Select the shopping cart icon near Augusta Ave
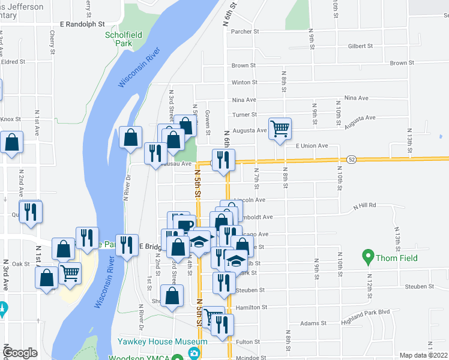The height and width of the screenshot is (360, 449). click(280, 128)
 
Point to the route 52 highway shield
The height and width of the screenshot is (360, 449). click(352, 159)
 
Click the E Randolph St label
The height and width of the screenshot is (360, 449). click(82, 25)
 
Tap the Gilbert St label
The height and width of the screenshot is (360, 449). click(361, 46)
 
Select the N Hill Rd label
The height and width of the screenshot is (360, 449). click(364, 205)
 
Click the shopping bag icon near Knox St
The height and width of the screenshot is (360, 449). click(11, 143)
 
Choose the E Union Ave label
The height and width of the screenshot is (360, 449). click(312, 146)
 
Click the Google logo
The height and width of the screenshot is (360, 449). click(20, 353)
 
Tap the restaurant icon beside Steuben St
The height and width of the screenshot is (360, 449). click(224, 283)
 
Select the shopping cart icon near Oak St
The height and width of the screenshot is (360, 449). click(70, 274)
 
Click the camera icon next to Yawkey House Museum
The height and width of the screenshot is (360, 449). click(194, 353)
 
